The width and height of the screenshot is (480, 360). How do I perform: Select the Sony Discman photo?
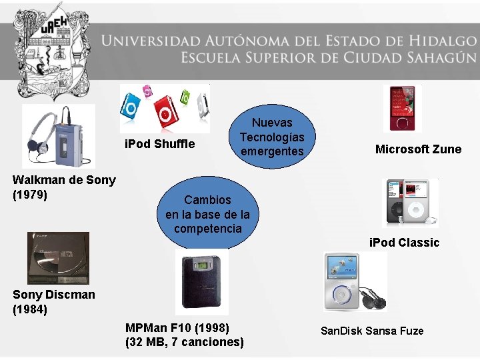point(57,258)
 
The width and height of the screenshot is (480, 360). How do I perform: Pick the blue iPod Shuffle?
point(131,104)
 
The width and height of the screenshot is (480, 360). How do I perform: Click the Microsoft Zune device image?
point(406,107)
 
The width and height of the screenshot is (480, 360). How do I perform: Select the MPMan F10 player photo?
point(202,282)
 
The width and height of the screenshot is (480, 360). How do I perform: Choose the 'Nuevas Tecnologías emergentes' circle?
point(271,137)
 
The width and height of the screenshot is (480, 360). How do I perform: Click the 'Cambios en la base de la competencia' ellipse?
point(207,214)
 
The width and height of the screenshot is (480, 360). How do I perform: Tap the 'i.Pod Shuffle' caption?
point(160,144)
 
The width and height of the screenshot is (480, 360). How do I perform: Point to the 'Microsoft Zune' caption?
point(418,149)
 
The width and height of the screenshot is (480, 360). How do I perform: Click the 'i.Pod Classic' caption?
point(405,243)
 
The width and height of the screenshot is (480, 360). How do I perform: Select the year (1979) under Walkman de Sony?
point(30,194)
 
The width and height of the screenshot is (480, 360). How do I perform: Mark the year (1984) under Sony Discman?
point(30,309)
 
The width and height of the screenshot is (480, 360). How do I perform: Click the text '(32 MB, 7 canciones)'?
point(185,343)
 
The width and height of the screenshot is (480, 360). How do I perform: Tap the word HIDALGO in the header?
point(434,41)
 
